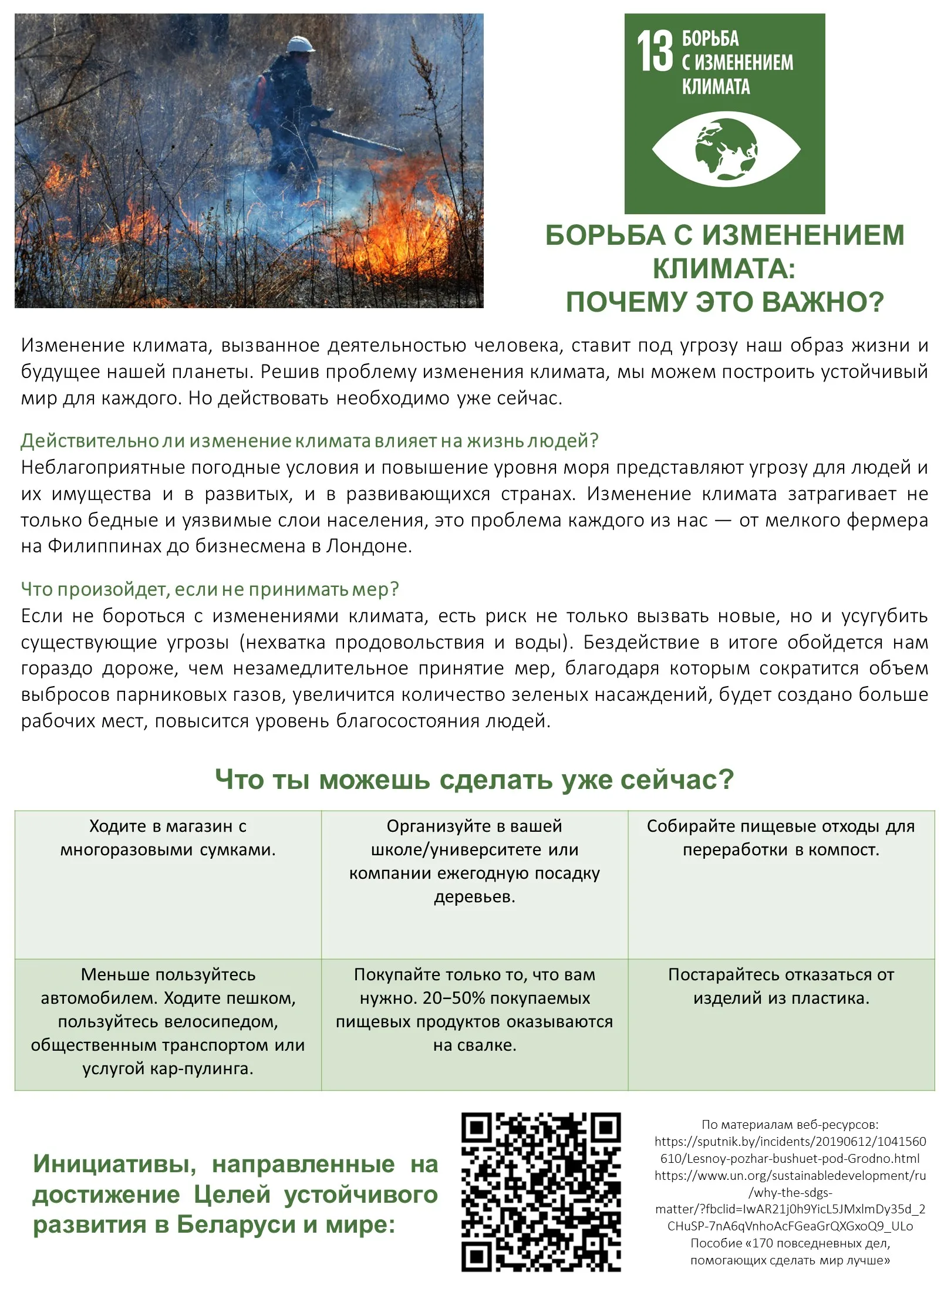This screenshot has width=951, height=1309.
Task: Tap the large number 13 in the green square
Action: pyautogui.click(x=655, y=52)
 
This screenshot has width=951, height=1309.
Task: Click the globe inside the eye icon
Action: pyautogui.click(x=726, y=149)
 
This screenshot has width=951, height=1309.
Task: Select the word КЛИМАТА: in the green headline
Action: pyautogui.click(x=724, y=269)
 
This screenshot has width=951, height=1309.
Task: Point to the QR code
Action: pyautogui.click(x=541, y=1192)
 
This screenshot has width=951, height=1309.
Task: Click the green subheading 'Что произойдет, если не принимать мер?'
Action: pyautogui.click(x=210, y=589)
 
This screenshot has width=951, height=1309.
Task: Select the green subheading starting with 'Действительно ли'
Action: pyautogui.click(x=309, y=440)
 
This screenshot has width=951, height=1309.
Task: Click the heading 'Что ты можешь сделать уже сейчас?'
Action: pyautogui.click(x=474, y=780)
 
